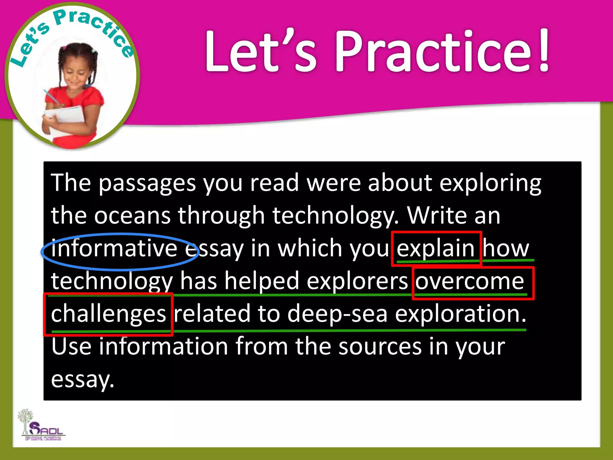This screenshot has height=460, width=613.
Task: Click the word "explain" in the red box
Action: tap(436, 249)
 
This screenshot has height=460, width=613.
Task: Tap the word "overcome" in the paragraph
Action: tap(469, 281)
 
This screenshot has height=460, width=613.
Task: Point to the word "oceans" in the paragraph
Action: tap(132, 215)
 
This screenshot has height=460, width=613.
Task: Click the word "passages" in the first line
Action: tap(147, 183)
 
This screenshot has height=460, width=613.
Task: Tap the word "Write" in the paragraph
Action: tap(437, 215)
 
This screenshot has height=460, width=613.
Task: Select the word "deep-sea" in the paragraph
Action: tap(337, 314)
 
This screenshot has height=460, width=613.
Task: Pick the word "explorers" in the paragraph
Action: tap(357, 281)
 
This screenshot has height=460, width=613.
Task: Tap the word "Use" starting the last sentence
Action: tap(71, 346)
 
